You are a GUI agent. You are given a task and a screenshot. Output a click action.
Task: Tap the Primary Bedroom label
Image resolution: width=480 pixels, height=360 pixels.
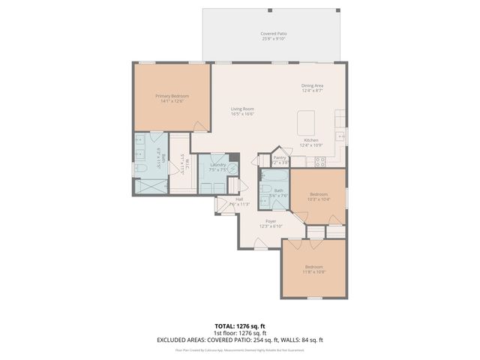tap(172, 98)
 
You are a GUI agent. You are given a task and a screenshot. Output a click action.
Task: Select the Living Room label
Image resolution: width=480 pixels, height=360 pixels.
tap(242, 112)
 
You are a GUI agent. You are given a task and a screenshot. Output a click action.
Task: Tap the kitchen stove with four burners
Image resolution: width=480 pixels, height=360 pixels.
tap(319, 160)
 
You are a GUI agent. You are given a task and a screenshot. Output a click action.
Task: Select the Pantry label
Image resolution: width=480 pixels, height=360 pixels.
tap(280, 160)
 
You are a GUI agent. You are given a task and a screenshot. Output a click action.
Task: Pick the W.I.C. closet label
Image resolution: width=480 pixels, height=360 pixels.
tap(181, 163)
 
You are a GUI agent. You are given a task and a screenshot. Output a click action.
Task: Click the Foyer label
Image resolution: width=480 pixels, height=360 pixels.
tap(270, 223)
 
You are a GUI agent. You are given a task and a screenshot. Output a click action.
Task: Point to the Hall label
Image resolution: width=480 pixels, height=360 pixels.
tap(239, 201)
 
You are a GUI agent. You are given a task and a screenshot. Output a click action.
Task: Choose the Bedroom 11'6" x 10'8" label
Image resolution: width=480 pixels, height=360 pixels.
tap(313, 269)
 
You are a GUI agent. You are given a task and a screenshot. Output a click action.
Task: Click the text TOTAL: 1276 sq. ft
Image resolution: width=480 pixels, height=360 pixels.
tap(239, 325)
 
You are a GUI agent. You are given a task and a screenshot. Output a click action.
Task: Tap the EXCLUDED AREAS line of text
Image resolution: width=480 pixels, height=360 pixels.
tap(239, 340)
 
